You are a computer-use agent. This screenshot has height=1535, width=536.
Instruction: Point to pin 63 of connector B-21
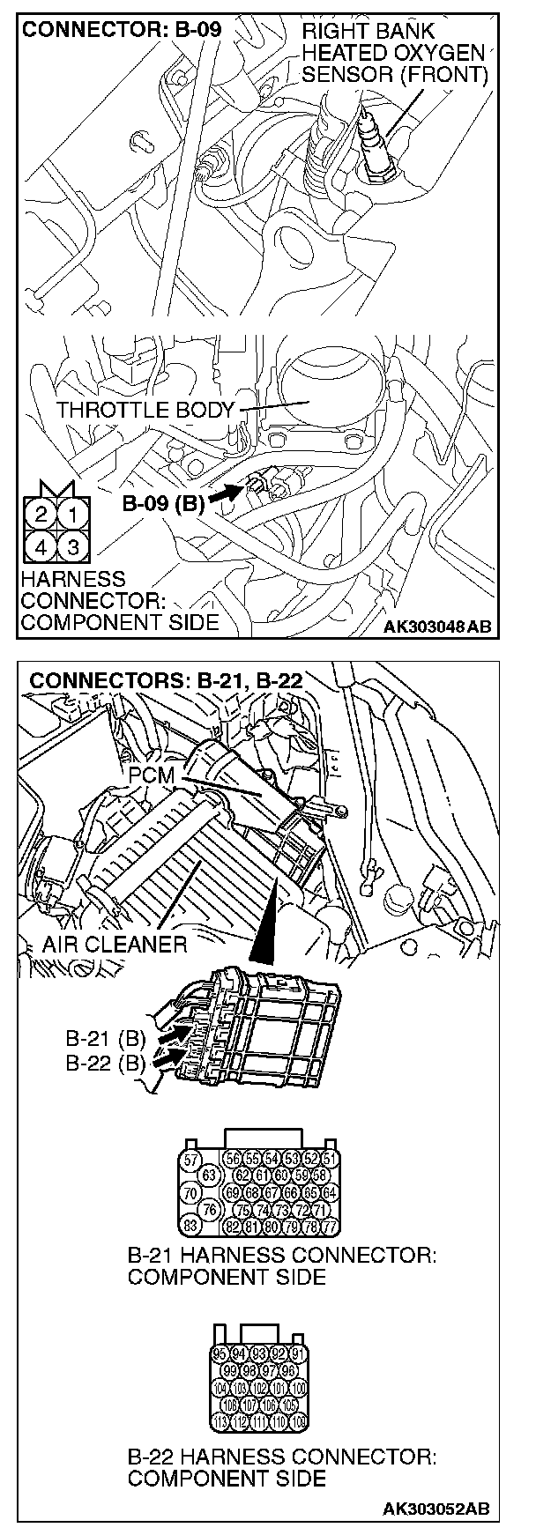coord(210,1175)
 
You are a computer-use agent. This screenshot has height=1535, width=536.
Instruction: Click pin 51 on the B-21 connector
coord(329,1158)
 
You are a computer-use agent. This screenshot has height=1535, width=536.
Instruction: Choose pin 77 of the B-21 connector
coord(329,1226)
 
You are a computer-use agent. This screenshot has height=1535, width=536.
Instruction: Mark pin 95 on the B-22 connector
coord(221,1353)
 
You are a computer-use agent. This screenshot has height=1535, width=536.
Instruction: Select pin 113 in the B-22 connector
coord(221,1420)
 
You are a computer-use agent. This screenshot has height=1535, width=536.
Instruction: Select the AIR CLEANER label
coord(115,945)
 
